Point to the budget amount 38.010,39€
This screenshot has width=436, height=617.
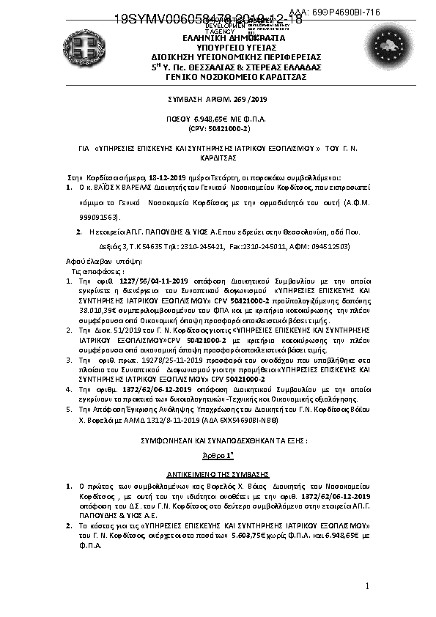(95, 300)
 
